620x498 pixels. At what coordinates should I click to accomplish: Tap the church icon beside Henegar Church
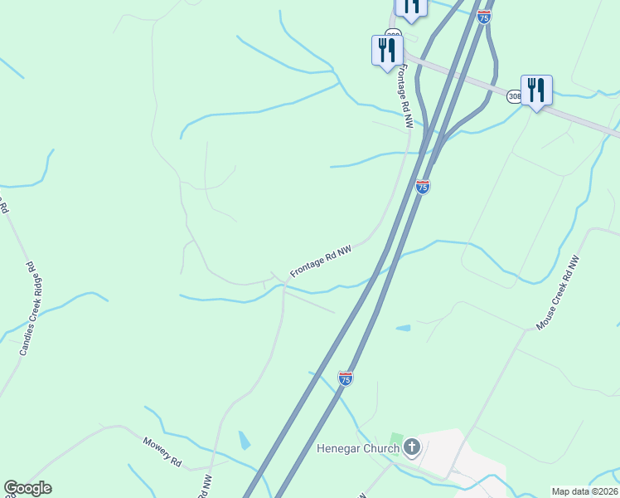click(x=412, y=448)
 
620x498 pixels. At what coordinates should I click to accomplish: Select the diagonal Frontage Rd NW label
click(x=321, y=261)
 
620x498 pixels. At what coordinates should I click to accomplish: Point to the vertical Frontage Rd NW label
click(x=406, y=96)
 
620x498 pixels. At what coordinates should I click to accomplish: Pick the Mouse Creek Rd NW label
click(x=558, y=293)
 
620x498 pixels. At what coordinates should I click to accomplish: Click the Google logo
click(x=27, y=489)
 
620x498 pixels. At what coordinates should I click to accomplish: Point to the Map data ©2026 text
click(x=585, y=491)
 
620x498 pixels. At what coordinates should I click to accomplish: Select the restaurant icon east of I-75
click(x=536, y=90)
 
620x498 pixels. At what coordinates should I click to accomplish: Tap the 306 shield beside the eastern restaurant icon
click(x=515, y=97)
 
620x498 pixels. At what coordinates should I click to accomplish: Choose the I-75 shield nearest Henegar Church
click(x=346, y=378)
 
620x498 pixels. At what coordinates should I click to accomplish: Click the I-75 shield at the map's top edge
click(x=484, y=15)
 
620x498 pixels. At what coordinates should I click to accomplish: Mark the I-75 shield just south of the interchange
click(x=423, y=188)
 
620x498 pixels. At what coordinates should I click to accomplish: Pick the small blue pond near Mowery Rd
click(x=244, y=440)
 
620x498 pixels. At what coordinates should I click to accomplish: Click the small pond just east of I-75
click(x=403, y=329)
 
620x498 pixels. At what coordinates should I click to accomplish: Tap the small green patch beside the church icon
click(x=396, y=439)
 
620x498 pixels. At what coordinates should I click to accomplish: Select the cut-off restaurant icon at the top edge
click(x=411, y=7)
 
